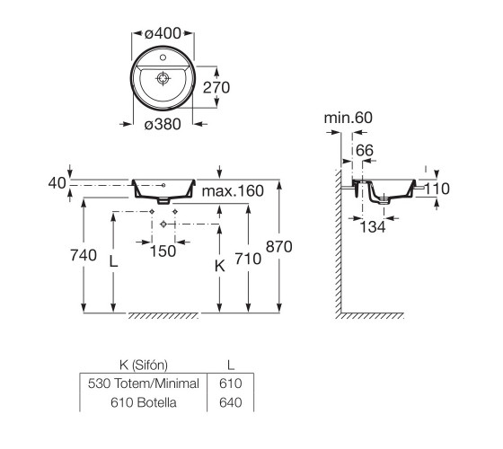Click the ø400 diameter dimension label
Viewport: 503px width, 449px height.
[163, 33]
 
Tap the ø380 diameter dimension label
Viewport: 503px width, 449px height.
[163, 124]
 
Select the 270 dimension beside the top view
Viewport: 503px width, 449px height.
[216, 88]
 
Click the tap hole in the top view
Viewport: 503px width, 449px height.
[163, 57]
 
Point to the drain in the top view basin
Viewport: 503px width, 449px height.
[163, 78]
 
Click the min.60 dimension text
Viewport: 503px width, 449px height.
[349, 118]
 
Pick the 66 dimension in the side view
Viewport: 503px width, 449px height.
[365, 151]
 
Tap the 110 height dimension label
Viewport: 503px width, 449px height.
[437, 189]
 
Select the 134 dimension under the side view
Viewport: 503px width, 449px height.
[373, 226]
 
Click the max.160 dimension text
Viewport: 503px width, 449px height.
[233, 191]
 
